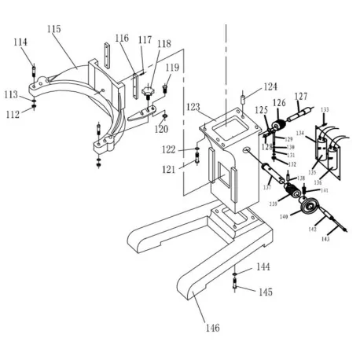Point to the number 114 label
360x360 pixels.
click(20, 42)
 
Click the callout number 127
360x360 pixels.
click(301, 97)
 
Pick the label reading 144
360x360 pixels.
click(264, 268)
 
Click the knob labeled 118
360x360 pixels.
click(149, 93)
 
